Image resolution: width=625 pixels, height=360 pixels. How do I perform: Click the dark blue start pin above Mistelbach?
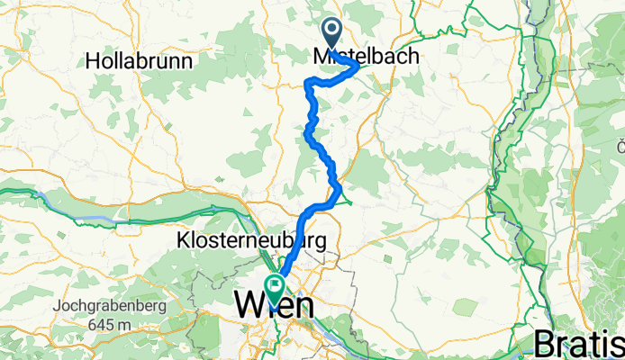click(331, 33)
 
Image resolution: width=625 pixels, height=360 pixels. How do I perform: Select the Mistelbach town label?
click(367, 56)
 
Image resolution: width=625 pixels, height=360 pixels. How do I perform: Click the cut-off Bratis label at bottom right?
click(578, 343)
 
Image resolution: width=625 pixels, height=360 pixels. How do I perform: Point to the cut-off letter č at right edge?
click(620, 145)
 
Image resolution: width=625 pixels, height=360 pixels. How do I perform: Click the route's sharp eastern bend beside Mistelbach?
click(358, 65)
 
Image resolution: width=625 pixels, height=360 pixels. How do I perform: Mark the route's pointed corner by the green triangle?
click(340, 190)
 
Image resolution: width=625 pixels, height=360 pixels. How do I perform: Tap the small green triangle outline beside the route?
click(343, 198)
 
